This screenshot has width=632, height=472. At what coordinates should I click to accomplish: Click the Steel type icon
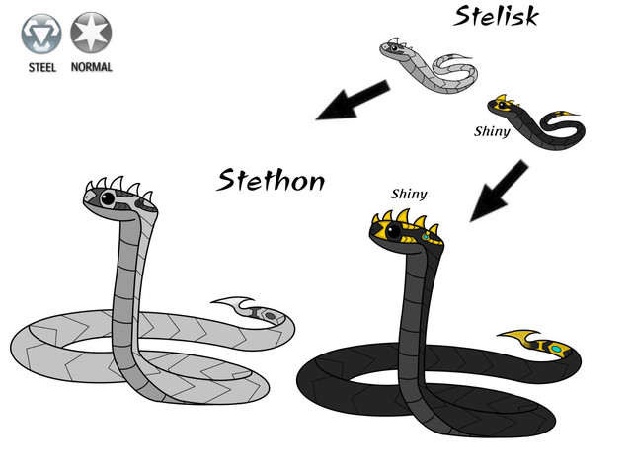41,34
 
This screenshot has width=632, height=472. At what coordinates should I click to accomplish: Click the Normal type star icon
91,33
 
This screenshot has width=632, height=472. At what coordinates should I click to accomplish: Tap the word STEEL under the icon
41,68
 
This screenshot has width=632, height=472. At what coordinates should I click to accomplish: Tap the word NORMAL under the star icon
91,68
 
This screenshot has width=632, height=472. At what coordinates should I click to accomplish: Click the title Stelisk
496,16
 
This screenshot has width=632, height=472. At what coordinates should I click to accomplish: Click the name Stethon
271,180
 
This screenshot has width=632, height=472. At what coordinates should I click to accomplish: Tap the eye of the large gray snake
107,200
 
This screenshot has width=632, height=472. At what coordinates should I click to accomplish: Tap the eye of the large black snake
393,233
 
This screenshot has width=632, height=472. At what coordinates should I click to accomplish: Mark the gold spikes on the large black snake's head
405,219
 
